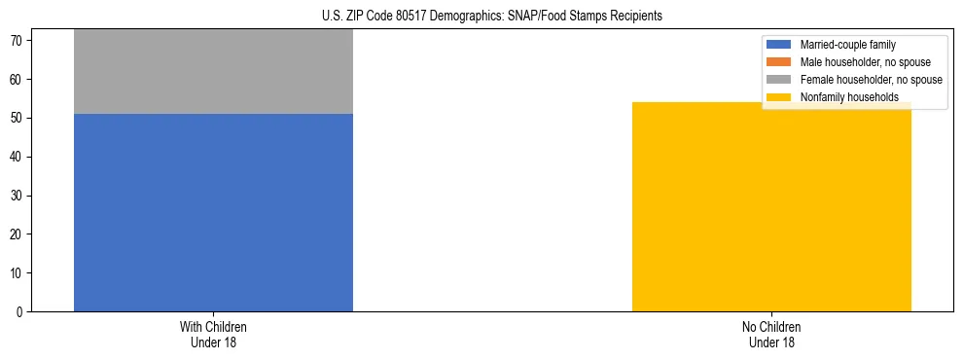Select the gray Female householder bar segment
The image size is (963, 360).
click(x=213, y=72)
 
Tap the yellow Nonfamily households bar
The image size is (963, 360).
click(x=771, y=206)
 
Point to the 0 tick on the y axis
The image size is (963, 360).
click(x=20, y=312)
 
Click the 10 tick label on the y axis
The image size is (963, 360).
click(x=18, y=273)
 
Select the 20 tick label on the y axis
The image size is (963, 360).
click(x=18, y=234)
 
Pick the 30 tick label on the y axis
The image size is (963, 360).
click(x=18, y=196)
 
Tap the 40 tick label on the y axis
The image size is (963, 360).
click(x=18, y=157)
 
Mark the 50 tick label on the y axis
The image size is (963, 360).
click(x=18, y=118)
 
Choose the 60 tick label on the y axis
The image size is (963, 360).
click(x=18, y=79)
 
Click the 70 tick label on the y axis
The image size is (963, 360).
click(x=18, y=40)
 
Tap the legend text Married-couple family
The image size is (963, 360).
click(x=847, y=45)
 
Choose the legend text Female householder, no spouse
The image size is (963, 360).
click(x=871, y=80)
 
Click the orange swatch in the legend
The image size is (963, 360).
click(x=779, y=62)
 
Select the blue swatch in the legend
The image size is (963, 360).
click(x=779, y=45)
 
